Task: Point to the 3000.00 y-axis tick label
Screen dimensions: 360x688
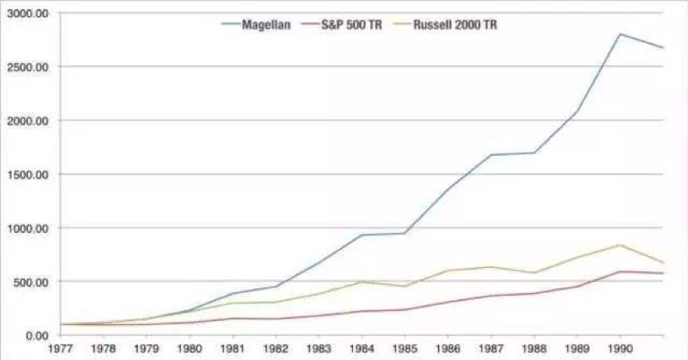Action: [x=28, y=14]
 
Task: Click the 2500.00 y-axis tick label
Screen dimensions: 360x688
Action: [x=28, y=67]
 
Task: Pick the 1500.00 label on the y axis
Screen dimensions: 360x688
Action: [x=28, y=175]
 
